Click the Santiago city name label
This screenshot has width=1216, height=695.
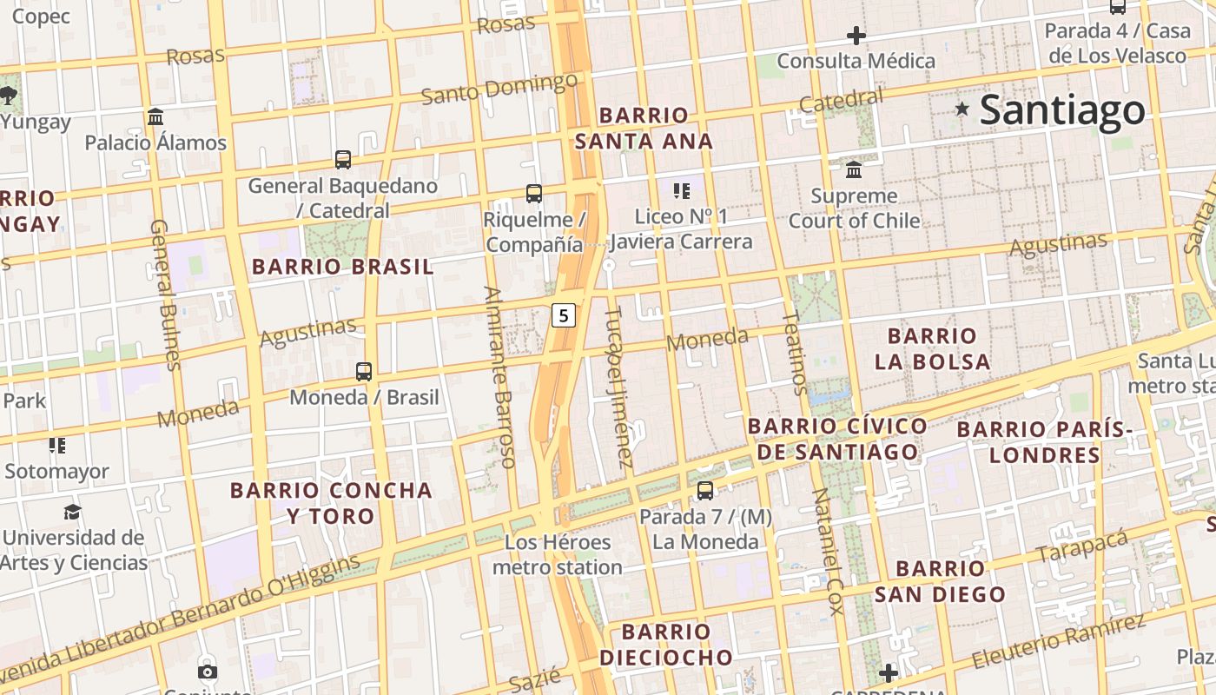1062,110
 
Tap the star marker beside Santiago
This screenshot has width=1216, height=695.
962,109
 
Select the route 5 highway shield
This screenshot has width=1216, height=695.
564,316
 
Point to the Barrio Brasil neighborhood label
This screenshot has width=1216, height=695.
342,267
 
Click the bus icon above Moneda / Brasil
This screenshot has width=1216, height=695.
364,372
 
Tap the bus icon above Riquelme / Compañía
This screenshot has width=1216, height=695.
533,194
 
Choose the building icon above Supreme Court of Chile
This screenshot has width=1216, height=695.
854,169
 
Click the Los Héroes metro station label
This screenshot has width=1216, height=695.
558,555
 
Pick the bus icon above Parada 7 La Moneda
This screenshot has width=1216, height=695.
705,491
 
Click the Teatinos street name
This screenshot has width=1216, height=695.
794,353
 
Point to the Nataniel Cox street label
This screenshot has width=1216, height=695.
827,551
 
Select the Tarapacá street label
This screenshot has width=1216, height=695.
1081,545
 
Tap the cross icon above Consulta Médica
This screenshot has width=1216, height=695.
856,36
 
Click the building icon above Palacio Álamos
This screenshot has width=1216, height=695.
155,116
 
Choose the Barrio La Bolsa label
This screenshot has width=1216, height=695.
932,348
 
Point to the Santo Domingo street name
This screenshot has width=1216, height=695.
499,88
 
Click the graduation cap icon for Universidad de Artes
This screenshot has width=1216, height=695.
72,512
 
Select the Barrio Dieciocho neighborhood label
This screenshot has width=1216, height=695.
665,644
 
